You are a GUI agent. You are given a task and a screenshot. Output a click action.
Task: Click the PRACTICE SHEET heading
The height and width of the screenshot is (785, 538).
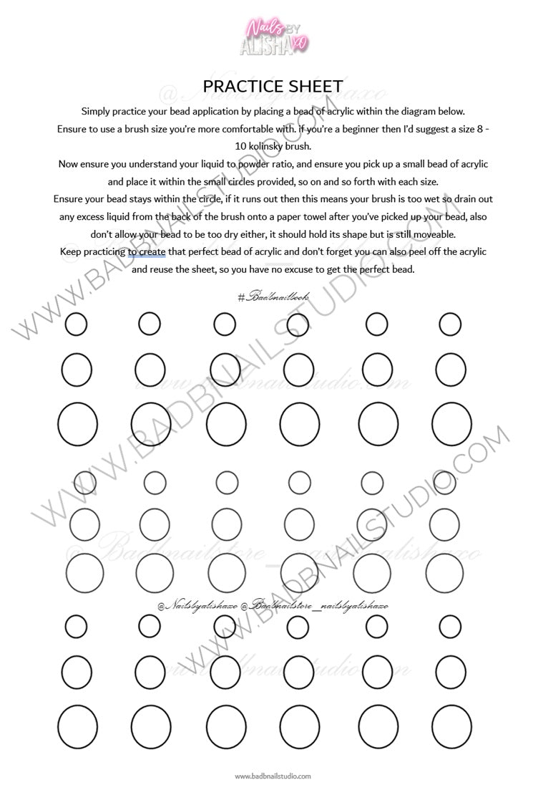273,87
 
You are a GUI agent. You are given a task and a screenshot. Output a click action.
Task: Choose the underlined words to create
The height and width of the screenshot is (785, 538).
147,252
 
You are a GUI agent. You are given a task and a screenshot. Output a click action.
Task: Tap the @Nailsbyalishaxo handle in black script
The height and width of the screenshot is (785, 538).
197,606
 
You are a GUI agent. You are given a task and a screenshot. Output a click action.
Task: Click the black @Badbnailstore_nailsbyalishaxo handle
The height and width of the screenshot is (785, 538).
315,606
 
